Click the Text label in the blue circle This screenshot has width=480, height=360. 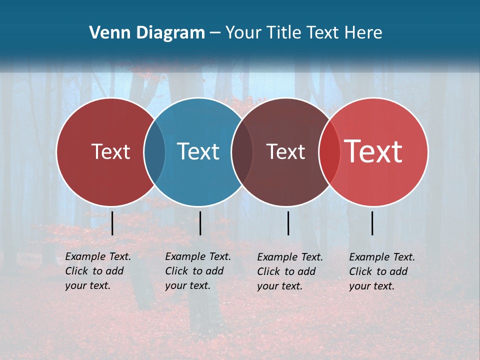tap(198, 151)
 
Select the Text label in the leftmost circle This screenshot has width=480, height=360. tap(110, 151)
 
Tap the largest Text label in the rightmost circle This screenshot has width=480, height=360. tap(373, 151)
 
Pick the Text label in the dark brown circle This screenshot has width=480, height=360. tap(285, 151)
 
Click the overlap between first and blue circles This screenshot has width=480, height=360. tap(154, 152)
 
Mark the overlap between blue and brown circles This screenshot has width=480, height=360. tap(242, 152)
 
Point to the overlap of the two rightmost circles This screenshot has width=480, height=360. tap(329, 152)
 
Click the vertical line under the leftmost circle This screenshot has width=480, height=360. tap(112, 223)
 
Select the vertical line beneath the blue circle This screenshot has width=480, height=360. tap(200, 223)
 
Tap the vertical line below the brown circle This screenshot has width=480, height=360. tap(288, 223)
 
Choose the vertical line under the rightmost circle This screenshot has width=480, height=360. tap(372, 223)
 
